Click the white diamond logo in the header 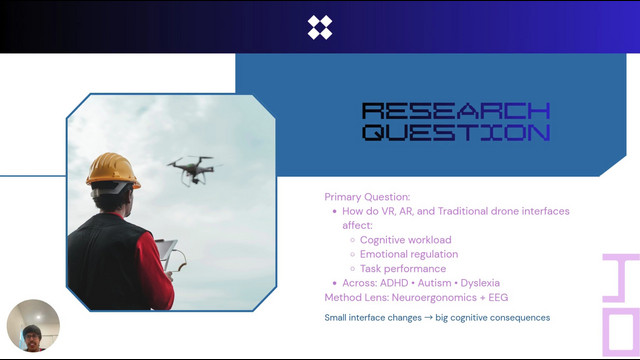(320, 27)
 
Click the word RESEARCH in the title (456, 111)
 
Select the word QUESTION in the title (456, 133)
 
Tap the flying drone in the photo (193, 169)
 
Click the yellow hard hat (113, 170)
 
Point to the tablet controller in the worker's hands (167, 253)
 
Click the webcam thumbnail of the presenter (33, 326)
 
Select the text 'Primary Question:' (367, 197)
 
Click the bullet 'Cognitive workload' (406, 240)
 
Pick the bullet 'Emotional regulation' (409, 254)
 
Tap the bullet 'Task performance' (403, 269)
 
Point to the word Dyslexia (480, 283)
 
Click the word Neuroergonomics (434, 298)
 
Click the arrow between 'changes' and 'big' (428, 318)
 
